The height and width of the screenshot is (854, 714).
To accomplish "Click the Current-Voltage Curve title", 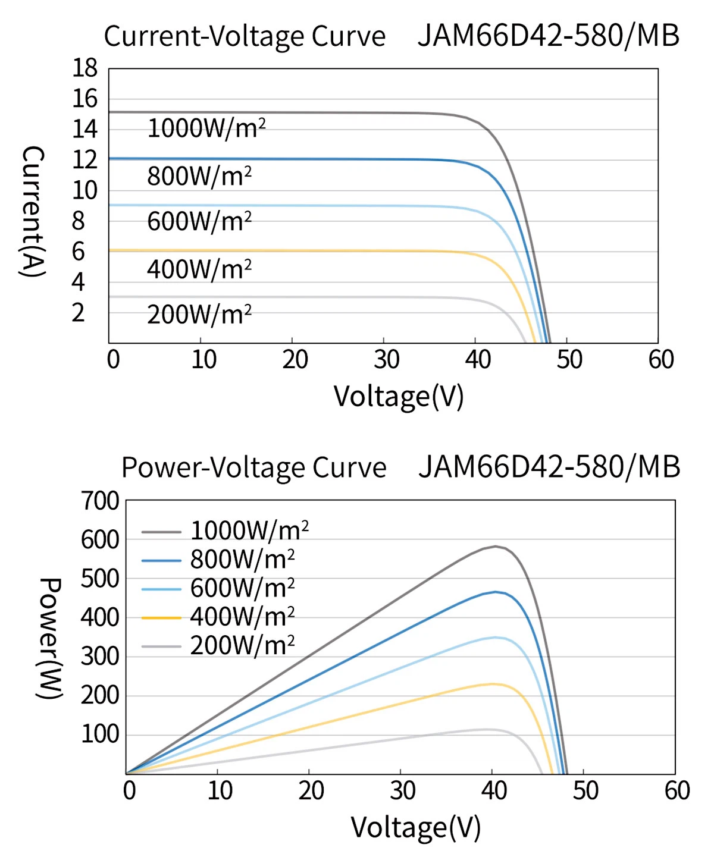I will (245, 36).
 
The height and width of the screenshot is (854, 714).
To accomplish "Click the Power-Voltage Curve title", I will (254, 467).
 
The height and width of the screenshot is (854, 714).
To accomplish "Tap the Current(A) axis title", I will (33, 211).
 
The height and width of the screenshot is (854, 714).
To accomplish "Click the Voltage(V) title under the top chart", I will (398, 397).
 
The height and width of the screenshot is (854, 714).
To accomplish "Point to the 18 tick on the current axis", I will (85, 68).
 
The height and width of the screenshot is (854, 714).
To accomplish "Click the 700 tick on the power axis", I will (100, 501).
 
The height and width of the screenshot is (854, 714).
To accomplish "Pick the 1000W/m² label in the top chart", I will (206, 128).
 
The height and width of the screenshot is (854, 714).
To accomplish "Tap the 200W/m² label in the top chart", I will (199, 314).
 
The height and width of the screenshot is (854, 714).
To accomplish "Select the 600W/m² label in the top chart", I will (199, 221).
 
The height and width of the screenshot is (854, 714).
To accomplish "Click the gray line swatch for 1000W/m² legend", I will (161, 532).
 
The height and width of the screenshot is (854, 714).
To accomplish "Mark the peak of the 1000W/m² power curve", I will (495, 546).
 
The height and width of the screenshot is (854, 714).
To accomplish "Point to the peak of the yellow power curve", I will (493, 684).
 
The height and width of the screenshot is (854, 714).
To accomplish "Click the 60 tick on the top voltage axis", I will (661, 359).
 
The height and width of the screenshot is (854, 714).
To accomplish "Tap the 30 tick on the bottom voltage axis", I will (402, 790).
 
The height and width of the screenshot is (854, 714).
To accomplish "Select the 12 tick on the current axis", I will (85, 160).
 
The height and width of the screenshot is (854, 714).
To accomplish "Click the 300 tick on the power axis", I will (100, 657).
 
